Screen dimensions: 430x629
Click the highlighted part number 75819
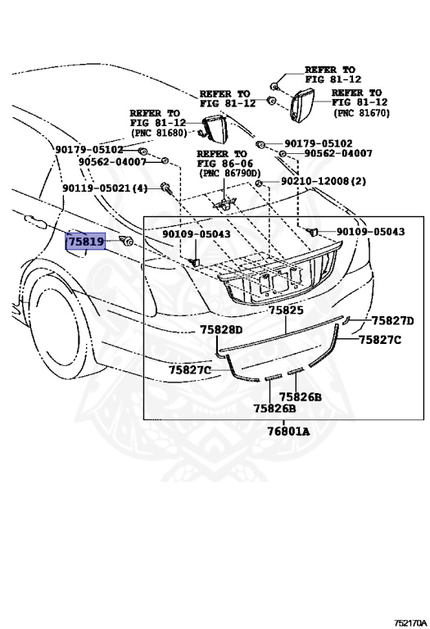[85, 242]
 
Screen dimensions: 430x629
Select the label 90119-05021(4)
[105, 188]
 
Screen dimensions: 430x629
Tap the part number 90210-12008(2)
[324, 181]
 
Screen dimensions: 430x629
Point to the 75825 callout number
[286, 310]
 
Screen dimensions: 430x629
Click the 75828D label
[221, 330]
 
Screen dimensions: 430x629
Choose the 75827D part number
[392, 321]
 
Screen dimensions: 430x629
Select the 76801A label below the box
[289, 432]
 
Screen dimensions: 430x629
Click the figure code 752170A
[410, 622]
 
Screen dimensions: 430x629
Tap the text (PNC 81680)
[158, 133]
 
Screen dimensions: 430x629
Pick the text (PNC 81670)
[361, 113]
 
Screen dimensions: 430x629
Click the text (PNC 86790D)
[229, 174]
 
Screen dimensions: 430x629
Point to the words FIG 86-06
[225, 164]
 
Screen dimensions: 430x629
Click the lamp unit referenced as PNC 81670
[301, 106]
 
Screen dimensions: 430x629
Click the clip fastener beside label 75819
[126, 241]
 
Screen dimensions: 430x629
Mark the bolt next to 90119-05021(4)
[165, 188]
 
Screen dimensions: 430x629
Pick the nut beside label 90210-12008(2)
[259, 183]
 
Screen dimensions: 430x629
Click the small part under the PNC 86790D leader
[224, 204]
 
